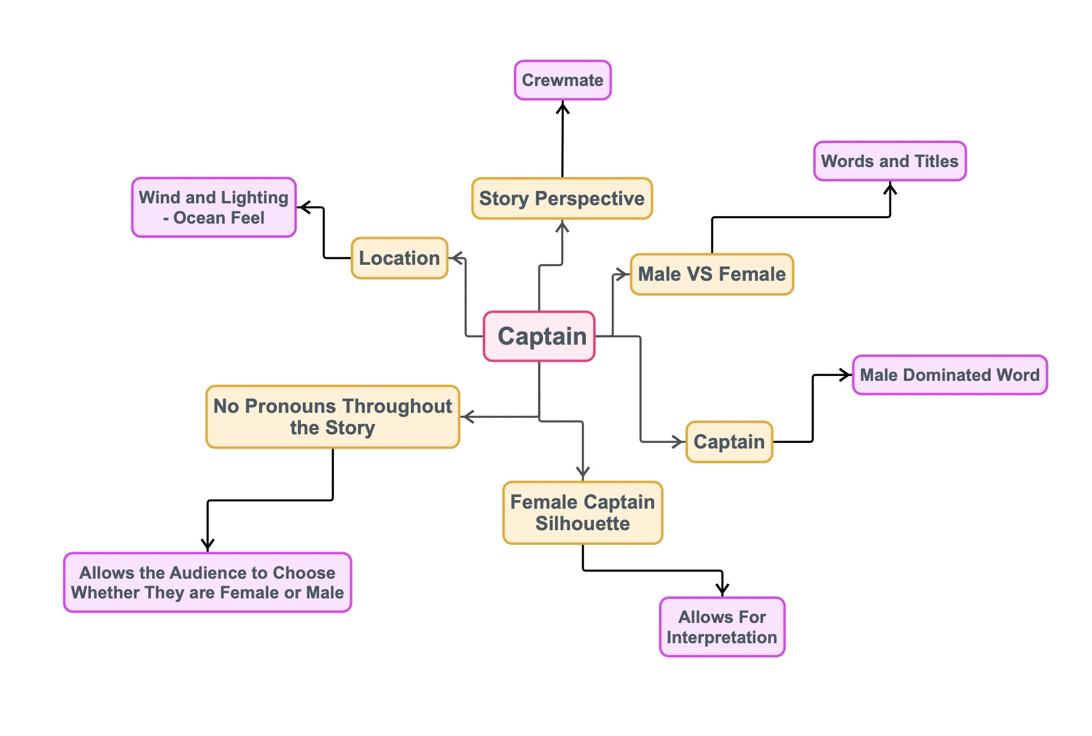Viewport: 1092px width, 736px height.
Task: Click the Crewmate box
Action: click(x=563, y=80)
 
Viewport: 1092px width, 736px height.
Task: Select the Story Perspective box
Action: click(x=562, y=198)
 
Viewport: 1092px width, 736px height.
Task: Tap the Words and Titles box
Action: click(x=890, y=161)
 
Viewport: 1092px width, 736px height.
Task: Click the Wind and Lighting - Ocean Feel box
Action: click(x=214, y=207)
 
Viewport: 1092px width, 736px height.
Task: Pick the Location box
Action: click(x=399, y=258)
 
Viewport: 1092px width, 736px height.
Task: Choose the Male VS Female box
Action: click(x=712, y=274)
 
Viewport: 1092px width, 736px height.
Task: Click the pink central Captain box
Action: click(x=539, y=336)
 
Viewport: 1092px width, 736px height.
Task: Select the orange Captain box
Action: click(x=729, y=442)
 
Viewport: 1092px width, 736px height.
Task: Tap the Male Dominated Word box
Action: click(x=950, y=375)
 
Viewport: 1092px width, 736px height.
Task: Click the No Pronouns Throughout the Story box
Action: click(x=333, y=417)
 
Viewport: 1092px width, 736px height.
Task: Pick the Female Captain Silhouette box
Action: click(x=582, y=512)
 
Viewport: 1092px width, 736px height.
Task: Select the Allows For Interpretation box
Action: click(x=722, y=627)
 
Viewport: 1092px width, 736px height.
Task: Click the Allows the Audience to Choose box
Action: click(x=208, y=582)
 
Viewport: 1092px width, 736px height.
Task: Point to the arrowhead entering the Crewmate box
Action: click(x=563, y=107)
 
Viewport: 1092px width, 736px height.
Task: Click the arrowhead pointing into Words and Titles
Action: click(x=890, y=187)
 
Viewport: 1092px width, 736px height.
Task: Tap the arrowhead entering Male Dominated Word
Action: click(x=846, y=375)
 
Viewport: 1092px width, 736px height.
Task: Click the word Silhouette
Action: click(x=582, y=523)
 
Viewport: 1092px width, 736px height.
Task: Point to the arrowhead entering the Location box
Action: click(x=454, y=258)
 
